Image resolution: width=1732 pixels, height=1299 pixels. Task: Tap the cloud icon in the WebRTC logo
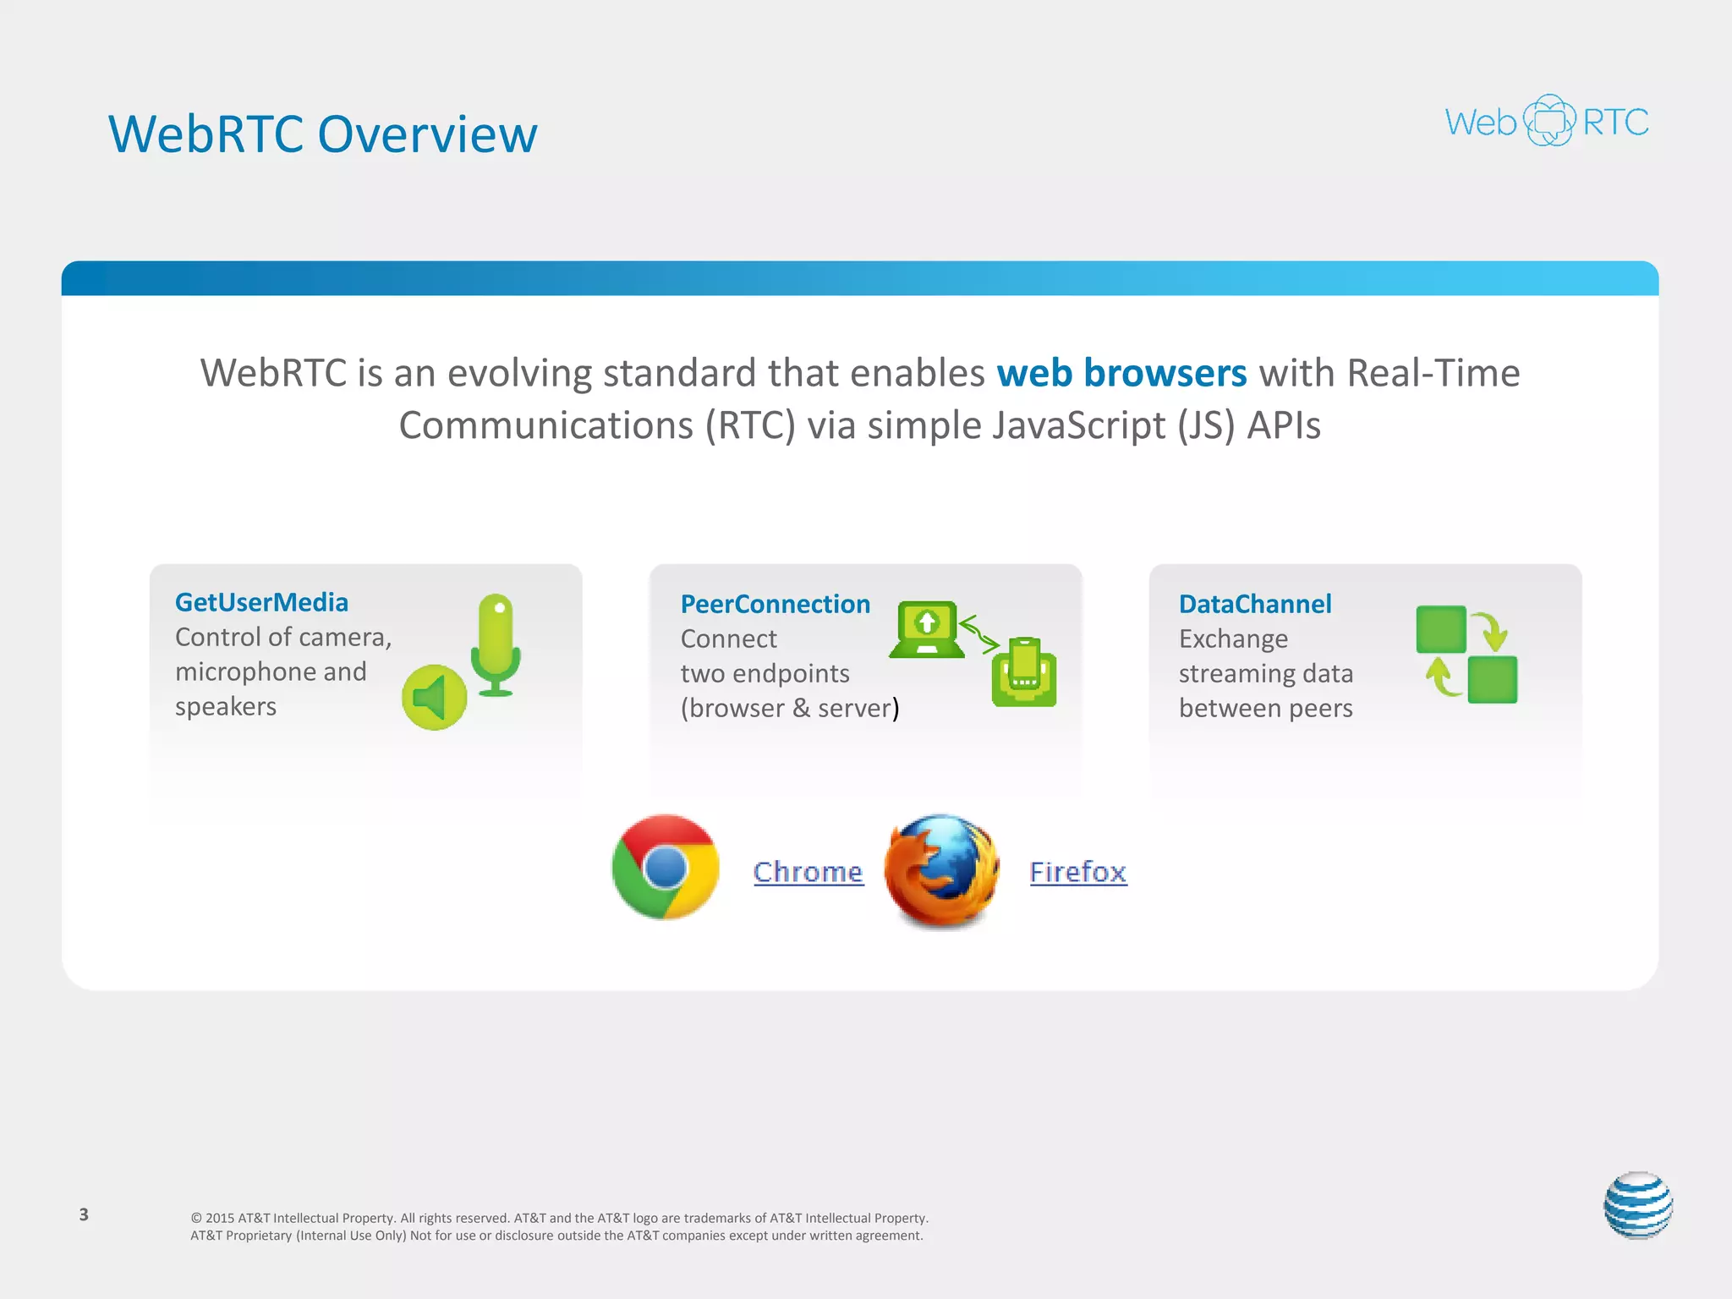point(1549,121)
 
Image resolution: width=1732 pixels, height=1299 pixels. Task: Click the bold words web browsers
point(1121,373)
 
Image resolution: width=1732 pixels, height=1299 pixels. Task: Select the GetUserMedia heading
point(261,602)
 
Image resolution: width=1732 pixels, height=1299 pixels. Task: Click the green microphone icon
point(496,643)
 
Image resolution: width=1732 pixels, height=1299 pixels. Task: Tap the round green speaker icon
point(434,698)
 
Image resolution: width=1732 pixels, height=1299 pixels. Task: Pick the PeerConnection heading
point(775,604)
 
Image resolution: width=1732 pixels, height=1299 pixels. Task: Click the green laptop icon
point(927,629)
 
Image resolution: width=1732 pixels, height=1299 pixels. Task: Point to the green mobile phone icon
point(1024,672)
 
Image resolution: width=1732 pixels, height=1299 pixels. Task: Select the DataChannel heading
point(1255,604)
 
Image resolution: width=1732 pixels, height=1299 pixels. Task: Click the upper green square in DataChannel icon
point(1441,629)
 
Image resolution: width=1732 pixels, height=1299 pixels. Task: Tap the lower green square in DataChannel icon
point(1492,680)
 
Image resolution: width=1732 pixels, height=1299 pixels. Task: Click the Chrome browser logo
point(666,867)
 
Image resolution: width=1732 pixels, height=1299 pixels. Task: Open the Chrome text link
point(808,871)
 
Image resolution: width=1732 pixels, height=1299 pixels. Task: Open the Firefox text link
point(1077,871)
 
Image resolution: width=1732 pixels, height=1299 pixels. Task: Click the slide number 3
point(84,1214)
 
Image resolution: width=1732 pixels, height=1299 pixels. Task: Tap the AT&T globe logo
point(1638,1205)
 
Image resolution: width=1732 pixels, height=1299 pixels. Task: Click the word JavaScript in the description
point(1079,425)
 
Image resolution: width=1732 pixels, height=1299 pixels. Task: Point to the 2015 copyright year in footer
point(220,1218)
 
